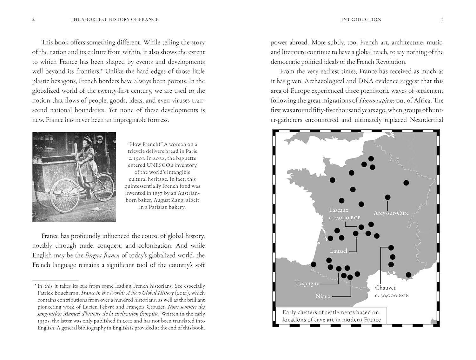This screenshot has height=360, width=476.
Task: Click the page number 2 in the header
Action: tap(33, 19)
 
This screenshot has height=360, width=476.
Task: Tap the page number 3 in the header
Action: tap(442, 19)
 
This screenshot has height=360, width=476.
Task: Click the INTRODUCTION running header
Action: tap(361, 19)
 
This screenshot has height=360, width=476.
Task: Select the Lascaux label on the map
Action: tap(339, 210)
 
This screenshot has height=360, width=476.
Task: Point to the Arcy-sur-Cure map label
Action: tap(391, 213)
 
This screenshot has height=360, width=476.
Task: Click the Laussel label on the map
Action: tap(338, 251)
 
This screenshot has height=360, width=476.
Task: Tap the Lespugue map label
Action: tap(307, 283)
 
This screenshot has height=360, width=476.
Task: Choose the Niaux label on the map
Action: tap(323, 296)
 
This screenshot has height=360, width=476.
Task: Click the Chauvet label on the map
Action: tap(385, 288)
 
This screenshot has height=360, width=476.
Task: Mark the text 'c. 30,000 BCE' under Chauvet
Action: tap(392, 296)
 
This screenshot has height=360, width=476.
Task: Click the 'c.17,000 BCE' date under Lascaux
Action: tap(345, 218)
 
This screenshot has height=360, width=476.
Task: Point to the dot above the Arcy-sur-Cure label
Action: tap(387, 197)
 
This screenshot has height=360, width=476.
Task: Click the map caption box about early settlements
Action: tap(331, 316)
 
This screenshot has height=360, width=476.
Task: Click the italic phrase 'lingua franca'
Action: tap(102, 256)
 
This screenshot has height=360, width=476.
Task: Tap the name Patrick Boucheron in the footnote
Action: tap(58, 293)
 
